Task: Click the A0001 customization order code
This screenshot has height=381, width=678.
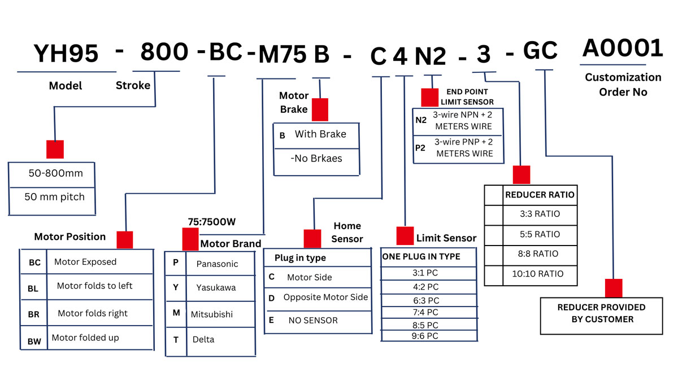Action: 622,49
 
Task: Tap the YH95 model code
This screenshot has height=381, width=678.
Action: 66,54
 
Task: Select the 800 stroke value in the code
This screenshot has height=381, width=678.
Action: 164,52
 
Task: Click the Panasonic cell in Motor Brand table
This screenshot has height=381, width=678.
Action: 218,264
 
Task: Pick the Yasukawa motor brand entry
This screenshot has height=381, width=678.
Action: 216,287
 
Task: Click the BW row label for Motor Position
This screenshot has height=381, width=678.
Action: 34,340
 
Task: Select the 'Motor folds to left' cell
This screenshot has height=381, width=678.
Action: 94,286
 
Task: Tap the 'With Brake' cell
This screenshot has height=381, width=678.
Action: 320,134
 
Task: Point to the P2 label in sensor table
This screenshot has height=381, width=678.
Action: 421,148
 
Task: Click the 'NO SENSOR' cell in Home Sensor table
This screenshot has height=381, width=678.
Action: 313,320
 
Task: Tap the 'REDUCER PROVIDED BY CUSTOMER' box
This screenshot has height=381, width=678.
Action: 601,313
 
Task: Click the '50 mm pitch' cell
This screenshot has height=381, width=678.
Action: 54,197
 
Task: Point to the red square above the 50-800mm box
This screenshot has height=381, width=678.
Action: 55,149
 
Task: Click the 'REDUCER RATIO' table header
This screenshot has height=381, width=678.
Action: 539,195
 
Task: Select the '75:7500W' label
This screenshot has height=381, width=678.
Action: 211,222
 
